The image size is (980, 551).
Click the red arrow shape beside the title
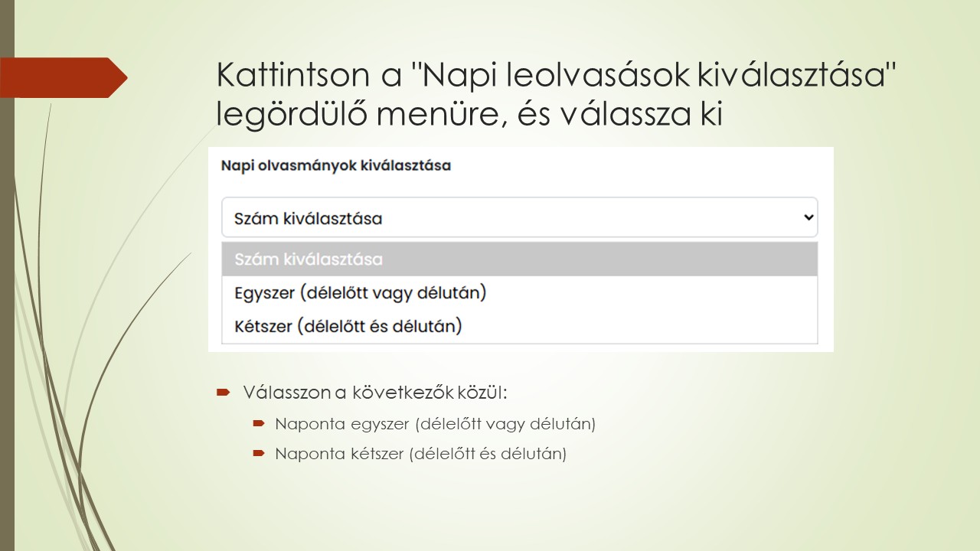tap(65, 77)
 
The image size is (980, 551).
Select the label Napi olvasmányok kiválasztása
tap(335, 165)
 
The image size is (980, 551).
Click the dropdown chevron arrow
tap(808, 217)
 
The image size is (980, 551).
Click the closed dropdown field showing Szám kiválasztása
tap(505, 218)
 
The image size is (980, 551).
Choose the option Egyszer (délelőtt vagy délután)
tap(360, 292)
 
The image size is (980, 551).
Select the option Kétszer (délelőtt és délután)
tap(348, 327)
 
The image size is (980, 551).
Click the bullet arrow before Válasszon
tap(223, 393)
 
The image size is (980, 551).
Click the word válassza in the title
tap(609, 115)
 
